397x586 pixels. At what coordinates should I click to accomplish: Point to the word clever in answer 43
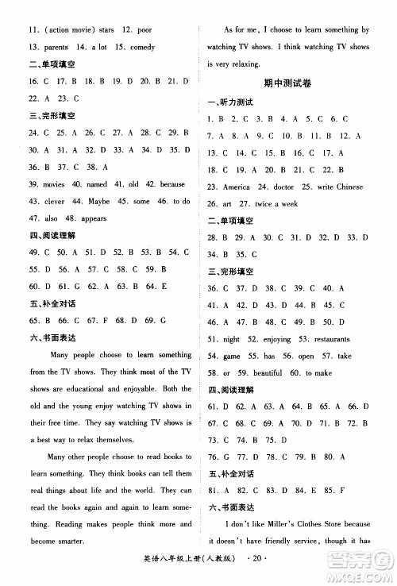[54, 201]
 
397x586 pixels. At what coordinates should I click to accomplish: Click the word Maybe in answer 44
[100, 201]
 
